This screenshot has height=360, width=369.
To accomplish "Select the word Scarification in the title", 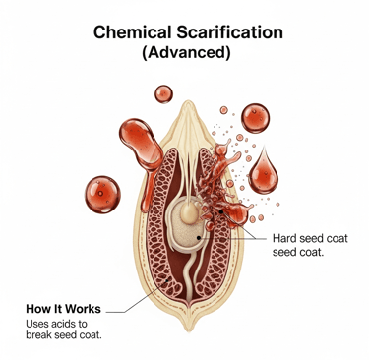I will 227,31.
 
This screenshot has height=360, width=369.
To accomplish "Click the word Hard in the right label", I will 283,239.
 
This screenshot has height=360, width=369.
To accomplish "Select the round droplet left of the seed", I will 102,192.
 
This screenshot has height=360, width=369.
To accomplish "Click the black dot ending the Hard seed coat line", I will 201,237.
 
